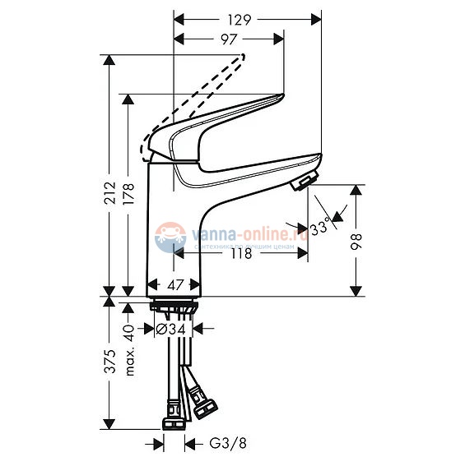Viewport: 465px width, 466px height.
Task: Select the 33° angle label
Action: [319, 224]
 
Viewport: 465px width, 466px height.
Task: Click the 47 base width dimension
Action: [174, 285]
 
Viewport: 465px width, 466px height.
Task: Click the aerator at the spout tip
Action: [305, 180]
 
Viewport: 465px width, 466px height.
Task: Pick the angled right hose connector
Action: [202, 402]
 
